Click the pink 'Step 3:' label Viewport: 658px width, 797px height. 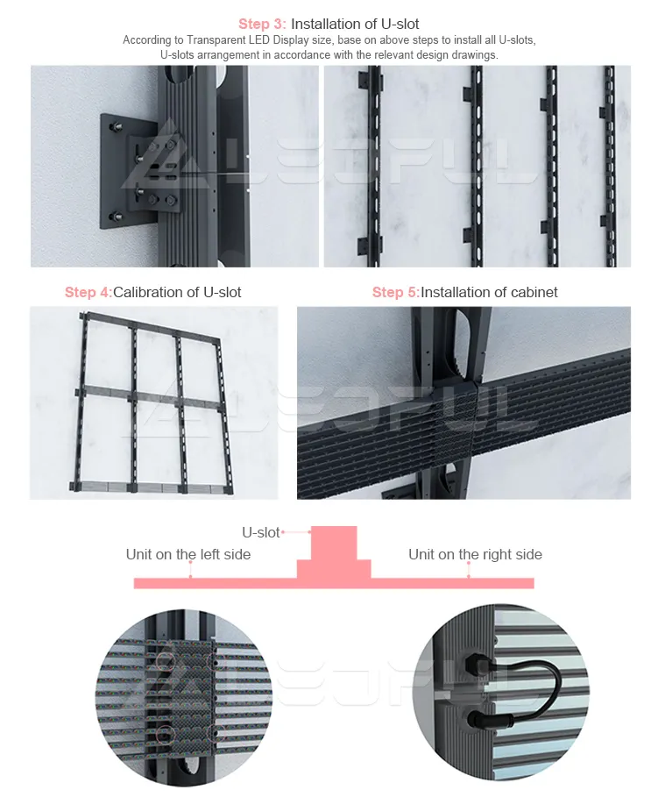(262, 24)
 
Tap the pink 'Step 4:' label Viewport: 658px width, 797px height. (88, 292)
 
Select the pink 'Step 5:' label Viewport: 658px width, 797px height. (395, 292)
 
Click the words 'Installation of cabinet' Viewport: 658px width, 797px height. (489, 292)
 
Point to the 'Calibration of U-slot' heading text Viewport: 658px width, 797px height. (177, 292)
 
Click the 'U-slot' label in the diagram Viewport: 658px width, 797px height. (261, 532)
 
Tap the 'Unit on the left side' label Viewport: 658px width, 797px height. (188, 554)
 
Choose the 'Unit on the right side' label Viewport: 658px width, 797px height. (475, 554)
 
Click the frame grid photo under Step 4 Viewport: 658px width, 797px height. (153, 402)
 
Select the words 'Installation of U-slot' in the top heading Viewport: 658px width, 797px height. (355, 24)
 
